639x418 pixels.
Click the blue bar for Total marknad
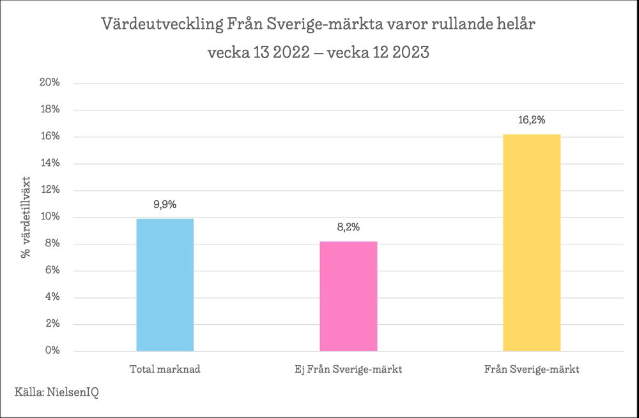(165, 285)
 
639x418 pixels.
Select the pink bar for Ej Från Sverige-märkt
(348, 296)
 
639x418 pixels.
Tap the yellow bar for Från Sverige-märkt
(532, 243)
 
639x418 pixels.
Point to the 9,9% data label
(165, 205)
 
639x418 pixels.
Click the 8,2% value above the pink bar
(348, 227)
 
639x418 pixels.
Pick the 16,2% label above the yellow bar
(532, 120)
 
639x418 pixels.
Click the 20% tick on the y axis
(50, 83)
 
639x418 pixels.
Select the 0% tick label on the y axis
(52, 351)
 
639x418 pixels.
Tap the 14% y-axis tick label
(50, 163)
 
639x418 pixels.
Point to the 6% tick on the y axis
(52, 271)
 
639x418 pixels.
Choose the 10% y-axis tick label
(50, 217)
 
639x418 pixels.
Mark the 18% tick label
(50, 110)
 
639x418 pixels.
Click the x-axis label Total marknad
(165, 369)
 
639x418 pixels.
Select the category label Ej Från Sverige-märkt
(348, 369)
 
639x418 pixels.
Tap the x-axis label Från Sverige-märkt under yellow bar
(532, 369)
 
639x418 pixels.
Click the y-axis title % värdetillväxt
(26, 217)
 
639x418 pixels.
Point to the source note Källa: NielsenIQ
(57, 391)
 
